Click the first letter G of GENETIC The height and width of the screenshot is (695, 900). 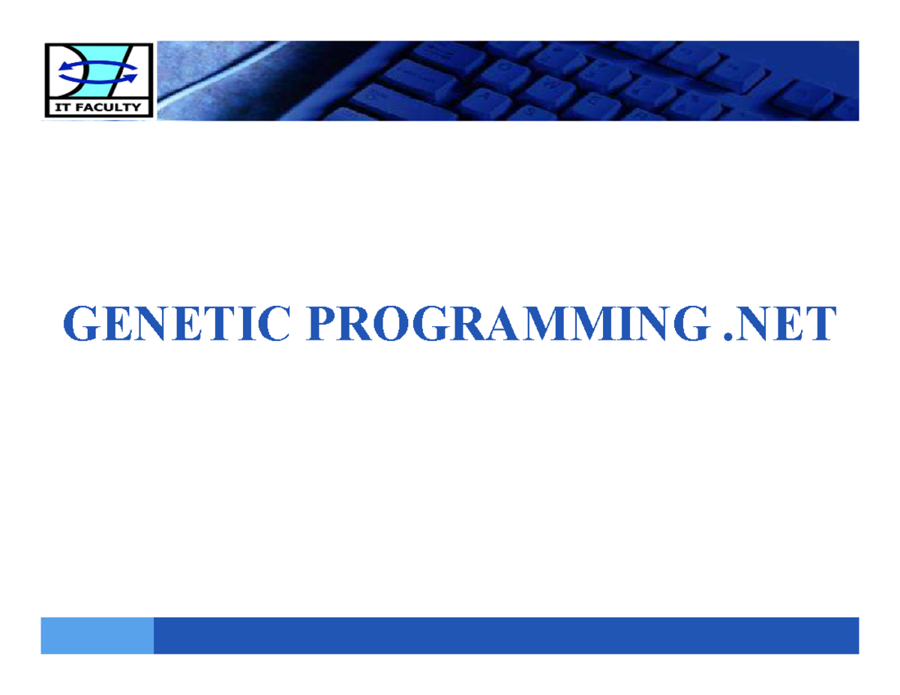(80, 324)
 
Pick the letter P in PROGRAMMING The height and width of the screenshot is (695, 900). (321, 324)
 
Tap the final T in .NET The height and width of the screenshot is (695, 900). (820, 324)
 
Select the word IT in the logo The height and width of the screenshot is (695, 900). (61, 107)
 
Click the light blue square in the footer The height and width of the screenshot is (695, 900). (97, 635)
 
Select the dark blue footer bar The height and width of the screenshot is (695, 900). (505, 635)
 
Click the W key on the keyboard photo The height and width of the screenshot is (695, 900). (550, 85)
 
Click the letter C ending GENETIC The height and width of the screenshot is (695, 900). (273, 324)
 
